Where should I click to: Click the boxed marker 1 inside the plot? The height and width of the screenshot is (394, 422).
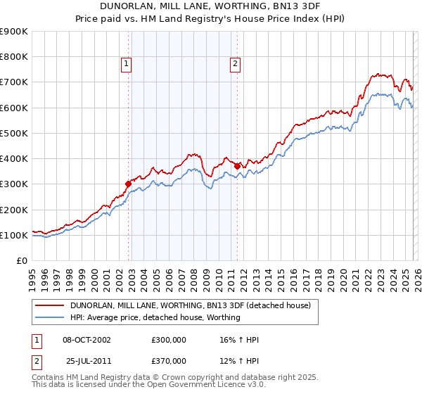click(x=127, y=64)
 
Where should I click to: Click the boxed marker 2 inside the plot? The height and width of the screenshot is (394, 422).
click(x=235, y=64)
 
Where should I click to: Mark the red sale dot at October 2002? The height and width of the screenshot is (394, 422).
click(x=129, y=184)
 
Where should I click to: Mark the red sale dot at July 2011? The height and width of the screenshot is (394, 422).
click(x=238, y=166)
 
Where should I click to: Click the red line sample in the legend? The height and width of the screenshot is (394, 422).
click(x=51, y=305)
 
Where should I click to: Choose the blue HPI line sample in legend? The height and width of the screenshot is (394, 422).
click(x=51, y=317)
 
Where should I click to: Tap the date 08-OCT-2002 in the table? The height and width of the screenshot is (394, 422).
click(x=87, y=340)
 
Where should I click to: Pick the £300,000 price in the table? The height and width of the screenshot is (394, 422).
click(x=169, y=340)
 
